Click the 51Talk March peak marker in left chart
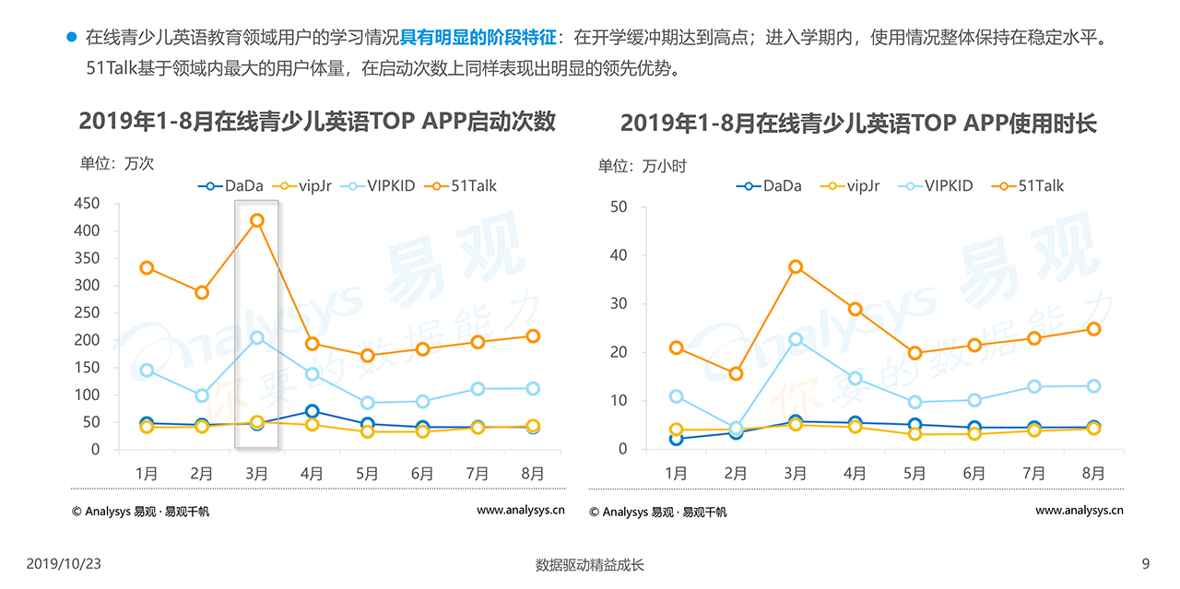point(257,220)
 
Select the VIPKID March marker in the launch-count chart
point(257,338)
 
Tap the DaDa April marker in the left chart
point(313,411)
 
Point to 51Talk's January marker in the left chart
point(147,268)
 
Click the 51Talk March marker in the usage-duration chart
point(796,267)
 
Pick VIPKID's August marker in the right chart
point(1093,386)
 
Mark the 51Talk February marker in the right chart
point(736,373)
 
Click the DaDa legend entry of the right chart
point(769,186)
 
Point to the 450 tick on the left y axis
point(88,204)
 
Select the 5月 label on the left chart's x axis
point(367,474)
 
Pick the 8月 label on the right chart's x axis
point(1093,474)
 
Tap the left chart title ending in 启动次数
point(317,122)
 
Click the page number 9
point(1146,564)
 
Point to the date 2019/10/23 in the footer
point(63,564)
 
